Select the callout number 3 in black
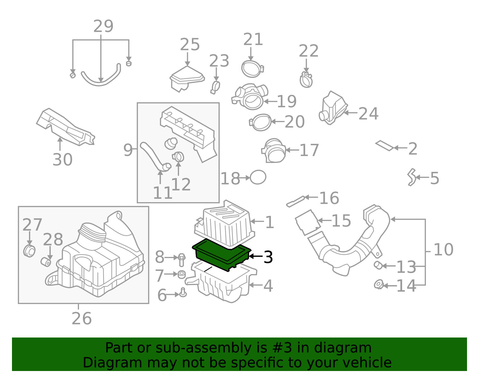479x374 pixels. tap(268, 257)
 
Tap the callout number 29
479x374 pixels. tap(103, 26)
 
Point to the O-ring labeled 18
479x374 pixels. tap(258, 177)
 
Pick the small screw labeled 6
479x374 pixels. tap(183, 293)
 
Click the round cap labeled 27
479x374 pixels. tap(29, 251)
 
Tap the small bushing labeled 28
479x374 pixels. tap(46, 262)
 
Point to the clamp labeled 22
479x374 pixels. tap(306, 79)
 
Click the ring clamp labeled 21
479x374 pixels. tap(252, 69)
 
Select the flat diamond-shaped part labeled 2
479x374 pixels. tap(384, 146)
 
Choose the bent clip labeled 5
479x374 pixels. tap(411, 177)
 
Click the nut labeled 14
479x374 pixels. tap(379, 284)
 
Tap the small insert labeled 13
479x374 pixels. tap(378, 265)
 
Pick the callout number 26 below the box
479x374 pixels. tap(81, 319)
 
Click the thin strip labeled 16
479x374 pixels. tap(295, 201)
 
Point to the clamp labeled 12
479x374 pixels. tap(178, 156)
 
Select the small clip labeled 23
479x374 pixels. tap(215, 87)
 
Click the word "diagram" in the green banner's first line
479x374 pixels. tap(349, 348)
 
